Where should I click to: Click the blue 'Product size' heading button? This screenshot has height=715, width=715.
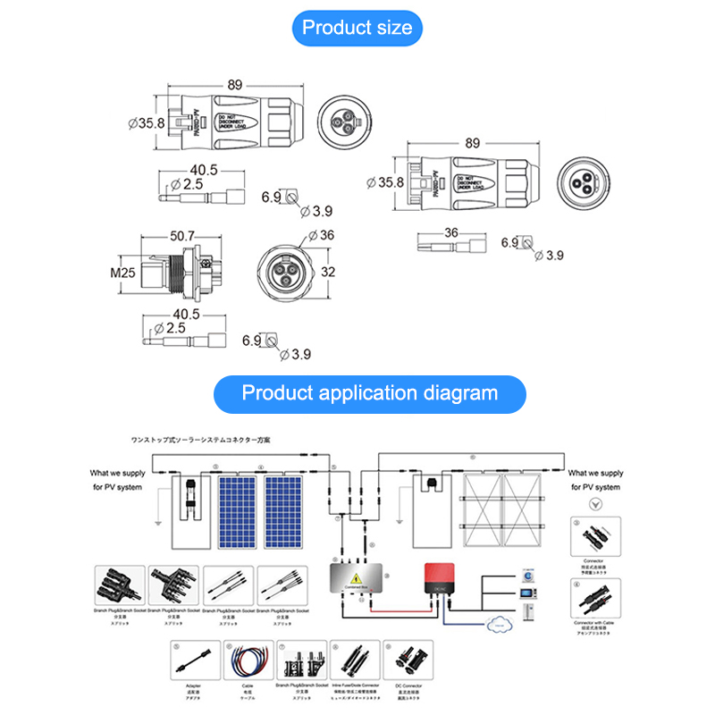click(x=357, y=27)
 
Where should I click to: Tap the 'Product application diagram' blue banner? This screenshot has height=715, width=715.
click(x=370, y=392)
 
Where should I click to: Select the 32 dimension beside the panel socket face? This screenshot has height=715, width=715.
click(x=329, y=272)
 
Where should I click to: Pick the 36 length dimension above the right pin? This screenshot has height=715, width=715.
click(x=450, y=232)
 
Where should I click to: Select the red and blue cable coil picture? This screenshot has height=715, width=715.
click(x=249, y=663)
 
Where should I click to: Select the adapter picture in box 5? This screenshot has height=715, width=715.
click(x=194, y=663)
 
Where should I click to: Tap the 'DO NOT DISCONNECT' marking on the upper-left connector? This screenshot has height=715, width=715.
click(x=235, y=122)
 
